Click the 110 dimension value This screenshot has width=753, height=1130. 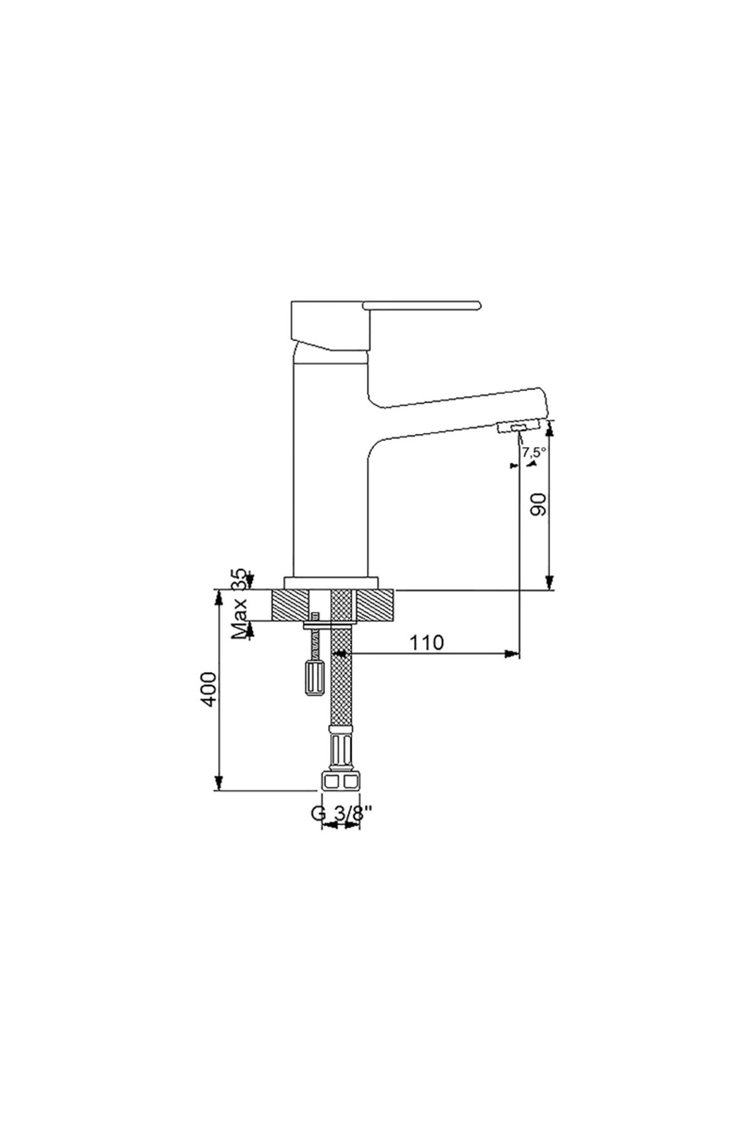[427, 642]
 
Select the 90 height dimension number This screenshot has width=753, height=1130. [539, 504]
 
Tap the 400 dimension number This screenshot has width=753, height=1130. [209, 688]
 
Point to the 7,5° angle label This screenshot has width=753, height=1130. [534, 451]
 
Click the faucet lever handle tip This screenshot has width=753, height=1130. [478, 306]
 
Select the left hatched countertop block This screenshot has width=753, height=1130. [291, 606]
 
